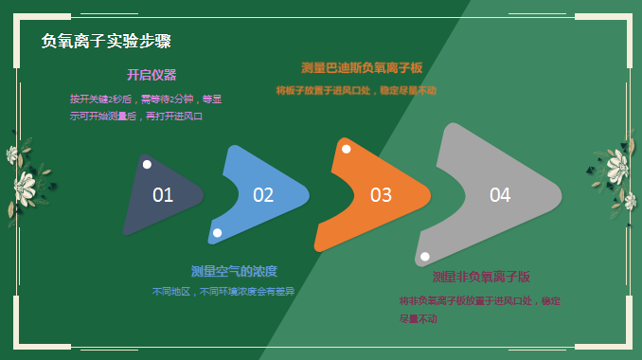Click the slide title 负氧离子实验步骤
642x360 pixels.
pos(105,42)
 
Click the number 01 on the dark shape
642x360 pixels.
pos(163,195)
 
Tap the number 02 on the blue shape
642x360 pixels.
pos(263,195)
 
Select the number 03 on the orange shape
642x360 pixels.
pos(381,195)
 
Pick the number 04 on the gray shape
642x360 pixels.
pos(500,195)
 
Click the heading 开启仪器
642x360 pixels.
pos(152,75)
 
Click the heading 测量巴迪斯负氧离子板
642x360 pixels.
pos(361,67)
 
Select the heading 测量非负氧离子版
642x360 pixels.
pos(481,277)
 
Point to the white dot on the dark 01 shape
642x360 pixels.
pos(147,165)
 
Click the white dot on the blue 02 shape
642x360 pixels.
pos(217,232)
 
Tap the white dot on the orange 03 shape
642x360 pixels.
pos(347,149)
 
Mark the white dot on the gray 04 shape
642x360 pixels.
pos(425,257)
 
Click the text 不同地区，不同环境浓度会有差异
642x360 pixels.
pos(223,292)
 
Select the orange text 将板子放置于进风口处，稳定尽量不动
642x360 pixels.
pos(356,91)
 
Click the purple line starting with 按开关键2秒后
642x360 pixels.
pos(146,99)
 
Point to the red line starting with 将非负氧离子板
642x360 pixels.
pos(479,300)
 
